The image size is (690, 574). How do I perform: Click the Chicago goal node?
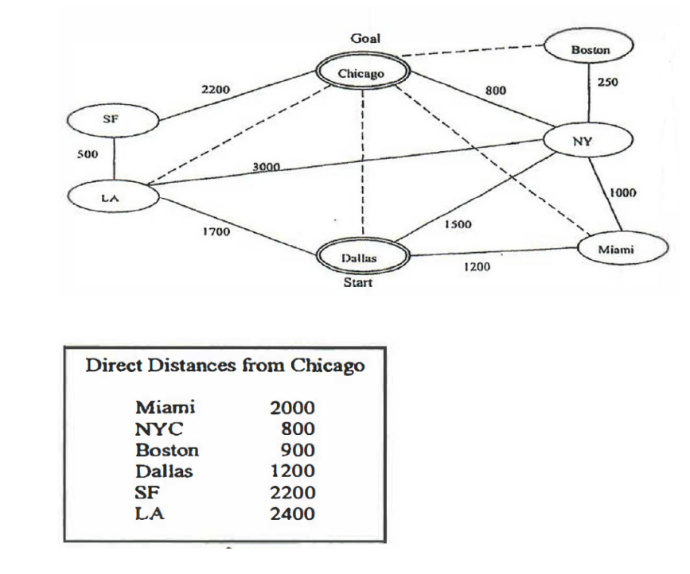point(361,73)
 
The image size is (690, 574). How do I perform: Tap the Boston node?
point(590,50)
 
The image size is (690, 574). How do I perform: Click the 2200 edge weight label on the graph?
point(216,91)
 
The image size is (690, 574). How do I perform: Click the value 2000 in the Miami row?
point(293,409)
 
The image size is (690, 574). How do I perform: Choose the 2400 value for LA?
point(293,513)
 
